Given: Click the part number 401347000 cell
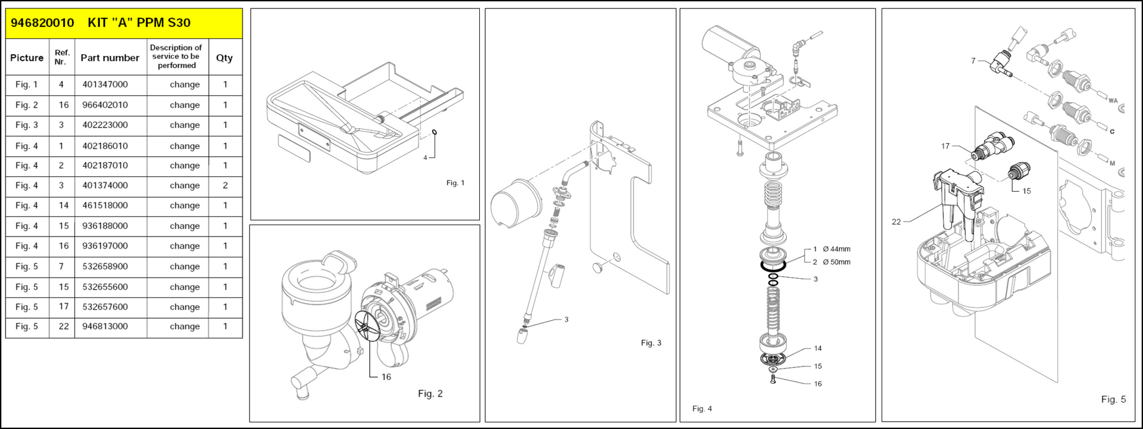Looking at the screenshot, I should (x=105, y=85).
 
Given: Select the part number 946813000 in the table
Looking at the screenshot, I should (x=105, y=327).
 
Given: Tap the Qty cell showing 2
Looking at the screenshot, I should (x=225, y=185).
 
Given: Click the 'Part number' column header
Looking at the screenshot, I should (x=110, y=58).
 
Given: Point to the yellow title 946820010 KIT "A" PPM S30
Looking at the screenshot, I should (x=101, y=23).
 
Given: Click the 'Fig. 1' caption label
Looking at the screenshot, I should (x=455, y=183).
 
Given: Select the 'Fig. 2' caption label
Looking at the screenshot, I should (x=430, y=393).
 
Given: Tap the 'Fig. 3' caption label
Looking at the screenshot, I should (x=651, y=343).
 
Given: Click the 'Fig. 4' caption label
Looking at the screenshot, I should (x=702, y=409).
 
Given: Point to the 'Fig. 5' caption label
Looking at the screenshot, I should (x=1113, y=399).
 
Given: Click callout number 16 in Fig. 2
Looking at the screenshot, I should (x=386, y=377).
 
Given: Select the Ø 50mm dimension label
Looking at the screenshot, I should (x=836, y=262).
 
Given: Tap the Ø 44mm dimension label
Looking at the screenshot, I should (x=836, y=249).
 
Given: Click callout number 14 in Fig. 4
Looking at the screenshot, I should (x=818, y=349).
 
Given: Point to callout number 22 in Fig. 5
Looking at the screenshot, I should (x=897, y=222).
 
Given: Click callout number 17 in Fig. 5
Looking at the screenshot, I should (x=945, y=146).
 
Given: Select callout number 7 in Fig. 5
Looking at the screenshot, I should (x=973, y=61).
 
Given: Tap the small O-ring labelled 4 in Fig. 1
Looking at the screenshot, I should (x=435, y=133).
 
